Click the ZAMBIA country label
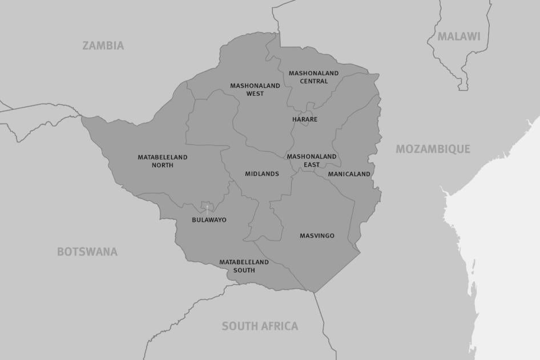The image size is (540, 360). pos(103,46)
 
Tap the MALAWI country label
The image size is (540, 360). pos(459,37)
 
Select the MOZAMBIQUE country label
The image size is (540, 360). pos(433,149)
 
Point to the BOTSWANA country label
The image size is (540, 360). pos(87,252)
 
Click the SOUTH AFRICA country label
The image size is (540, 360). pos(260,326)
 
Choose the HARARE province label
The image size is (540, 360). pos(305,119)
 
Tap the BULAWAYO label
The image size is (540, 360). pos(209,220)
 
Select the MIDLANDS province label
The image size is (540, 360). pos(262,173)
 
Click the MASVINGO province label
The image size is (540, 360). pos(317,236)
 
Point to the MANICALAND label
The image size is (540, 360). pos(349,173)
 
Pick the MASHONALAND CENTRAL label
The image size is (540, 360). pos(313,77)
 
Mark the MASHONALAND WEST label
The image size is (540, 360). pos(255,90)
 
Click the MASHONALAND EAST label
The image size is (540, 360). pos(312,160)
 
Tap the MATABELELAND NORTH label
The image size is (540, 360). pos(162,161)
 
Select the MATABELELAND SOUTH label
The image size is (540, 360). pos(244,266)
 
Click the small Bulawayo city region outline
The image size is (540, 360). pos(207,207)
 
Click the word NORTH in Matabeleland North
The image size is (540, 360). pos(162,165)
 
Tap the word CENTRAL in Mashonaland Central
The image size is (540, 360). pos(314,81)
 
